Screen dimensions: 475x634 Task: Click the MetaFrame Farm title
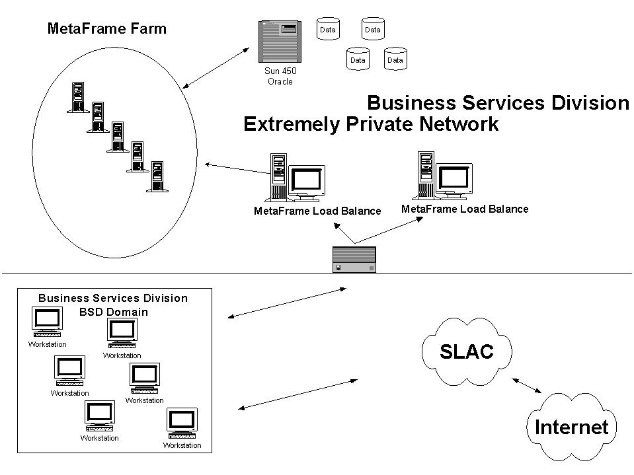pos(107,28)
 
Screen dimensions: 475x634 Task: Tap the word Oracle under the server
pos(280,82)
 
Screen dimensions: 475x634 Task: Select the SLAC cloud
pos(467,351)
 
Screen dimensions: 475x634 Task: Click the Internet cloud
pos(571,427)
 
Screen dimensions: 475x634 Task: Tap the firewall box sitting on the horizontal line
pos(354,260)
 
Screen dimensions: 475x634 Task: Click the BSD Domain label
pos(118,312)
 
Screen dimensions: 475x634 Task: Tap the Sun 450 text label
pos(280,72)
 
